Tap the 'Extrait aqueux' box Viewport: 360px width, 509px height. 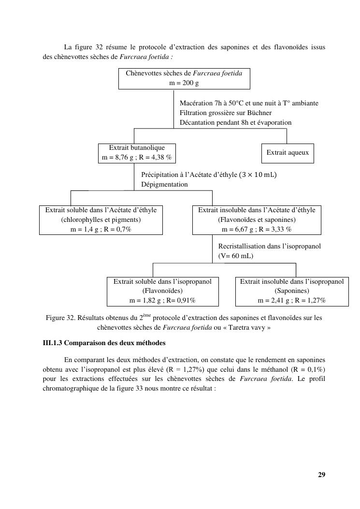pyautogui.click(x=287, y=153)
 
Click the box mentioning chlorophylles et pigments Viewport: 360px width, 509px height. pyautogui.click(x=101, y=219)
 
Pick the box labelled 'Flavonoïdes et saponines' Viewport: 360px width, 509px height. pyautogui.click(x=257, y=219)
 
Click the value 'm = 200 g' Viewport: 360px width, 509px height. pyautogui.click(x=184, y=83)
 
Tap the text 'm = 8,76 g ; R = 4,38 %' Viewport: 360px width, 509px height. pyautogui.click(x=137, y=158)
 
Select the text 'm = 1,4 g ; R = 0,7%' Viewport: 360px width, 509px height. pyautogui.click(x=101, y=229)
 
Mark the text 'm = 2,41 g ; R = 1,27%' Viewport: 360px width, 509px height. pyautogui.click(x=292, y=300)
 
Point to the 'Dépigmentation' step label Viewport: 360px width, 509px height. pyautogui.click(x=164, y=184)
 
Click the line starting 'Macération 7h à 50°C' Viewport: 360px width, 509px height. pyautogui.click(x=249, y=103)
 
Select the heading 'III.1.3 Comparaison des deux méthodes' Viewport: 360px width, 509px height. pyautogui.click(x=104, y=343)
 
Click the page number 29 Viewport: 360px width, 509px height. pyautogui.click(x=321, y=474)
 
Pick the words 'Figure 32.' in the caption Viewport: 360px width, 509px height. pyautogui.click(x=61, y=318)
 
